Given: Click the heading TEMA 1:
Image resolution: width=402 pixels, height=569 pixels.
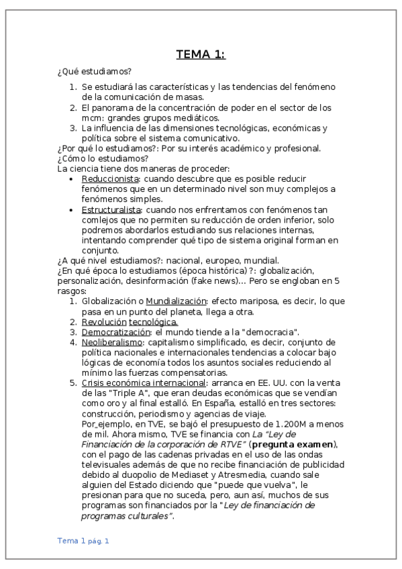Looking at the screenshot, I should pos(201,54).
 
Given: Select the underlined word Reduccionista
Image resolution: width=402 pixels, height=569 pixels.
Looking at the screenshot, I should pos(110,179).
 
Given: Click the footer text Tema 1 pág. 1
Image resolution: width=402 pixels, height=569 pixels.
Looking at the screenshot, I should pos(83,540).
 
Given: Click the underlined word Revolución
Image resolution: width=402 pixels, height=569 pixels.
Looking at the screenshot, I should pos(103,322).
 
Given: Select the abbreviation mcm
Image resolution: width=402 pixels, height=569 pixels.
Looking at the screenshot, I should pos(91,118).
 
